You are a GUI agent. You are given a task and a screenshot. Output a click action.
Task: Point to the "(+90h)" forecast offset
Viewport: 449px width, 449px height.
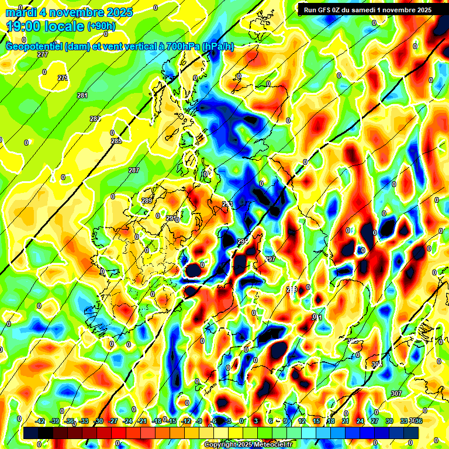(101, 26)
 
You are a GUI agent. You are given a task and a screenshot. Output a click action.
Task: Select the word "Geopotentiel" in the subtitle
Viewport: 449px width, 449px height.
(33, 46)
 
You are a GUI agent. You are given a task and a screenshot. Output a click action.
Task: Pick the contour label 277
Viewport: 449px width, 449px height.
(43, 54)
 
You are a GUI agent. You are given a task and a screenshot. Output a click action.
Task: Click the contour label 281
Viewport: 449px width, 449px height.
(82, 95)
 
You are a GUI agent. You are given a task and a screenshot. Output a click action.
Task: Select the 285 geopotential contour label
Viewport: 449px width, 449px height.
(116, 141)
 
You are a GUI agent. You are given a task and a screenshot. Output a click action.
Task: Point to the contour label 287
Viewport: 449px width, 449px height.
(134, 170)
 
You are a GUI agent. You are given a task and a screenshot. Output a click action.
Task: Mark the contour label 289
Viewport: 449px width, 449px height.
(146, 201)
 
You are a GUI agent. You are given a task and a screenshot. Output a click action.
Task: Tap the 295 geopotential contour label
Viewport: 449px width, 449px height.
(243, 241)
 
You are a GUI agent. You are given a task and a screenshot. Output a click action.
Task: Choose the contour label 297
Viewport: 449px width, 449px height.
(270, 259)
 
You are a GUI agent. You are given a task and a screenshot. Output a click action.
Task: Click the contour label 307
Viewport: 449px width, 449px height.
(396, 393)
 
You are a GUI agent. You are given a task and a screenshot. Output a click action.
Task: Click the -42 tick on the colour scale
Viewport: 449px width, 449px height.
(40, 421)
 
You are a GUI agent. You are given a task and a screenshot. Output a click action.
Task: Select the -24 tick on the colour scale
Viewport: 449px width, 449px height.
(127, 421)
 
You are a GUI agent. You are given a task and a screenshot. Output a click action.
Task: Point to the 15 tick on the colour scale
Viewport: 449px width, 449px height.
(316, 421)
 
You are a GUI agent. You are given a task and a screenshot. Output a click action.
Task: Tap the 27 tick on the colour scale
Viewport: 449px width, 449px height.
(374, 421)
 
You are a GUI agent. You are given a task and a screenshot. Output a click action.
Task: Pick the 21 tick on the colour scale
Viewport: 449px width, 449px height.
(346, 421)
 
